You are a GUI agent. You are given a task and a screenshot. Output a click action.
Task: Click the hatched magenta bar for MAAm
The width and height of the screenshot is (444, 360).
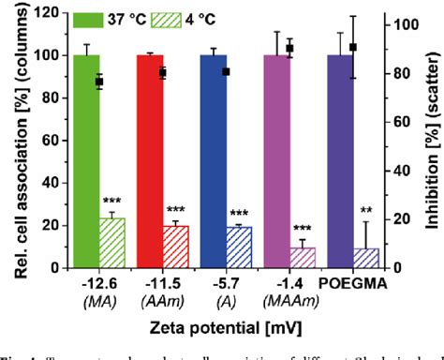coord(303,257)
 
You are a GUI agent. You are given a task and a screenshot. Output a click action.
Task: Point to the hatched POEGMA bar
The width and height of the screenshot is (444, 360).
coord(366,258)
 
